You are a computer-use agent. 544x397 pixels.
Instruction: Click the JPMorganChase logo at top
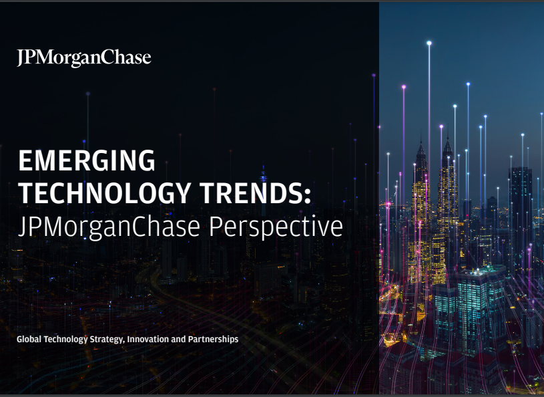[x=84, y=58]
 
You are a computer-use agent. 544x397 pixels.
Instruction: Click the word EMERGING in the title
[x=87, y=160]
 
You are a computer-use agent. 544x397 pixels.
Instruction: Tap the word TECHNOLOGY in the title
[x=104, y=193]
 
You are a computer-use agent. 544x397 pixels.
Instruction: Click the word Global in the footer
[x=29, y=339]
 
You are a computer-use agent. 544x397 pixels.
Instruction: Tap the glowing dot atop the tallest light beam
[x=429, y=43]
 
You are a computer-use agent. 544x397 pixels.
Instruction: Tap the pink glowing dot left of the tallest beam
[x=404, y=87]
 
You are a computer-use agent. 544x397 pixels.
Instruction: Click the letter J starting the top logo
[x=21, y=58]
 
